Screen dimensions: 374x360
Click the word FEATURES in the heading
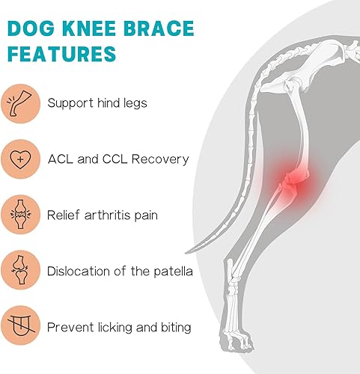(62, 55)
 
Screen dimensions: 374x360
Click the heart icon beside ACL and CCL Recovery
(20, 159)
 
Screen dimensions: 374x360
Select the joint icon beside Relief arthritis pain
(20, 215)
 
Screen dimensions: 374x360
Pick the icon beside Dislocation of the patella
(20, 270)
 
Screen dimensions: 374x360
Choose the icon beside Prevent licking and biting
(20, 326)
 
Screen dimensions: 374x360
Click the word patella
(172, 270)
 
